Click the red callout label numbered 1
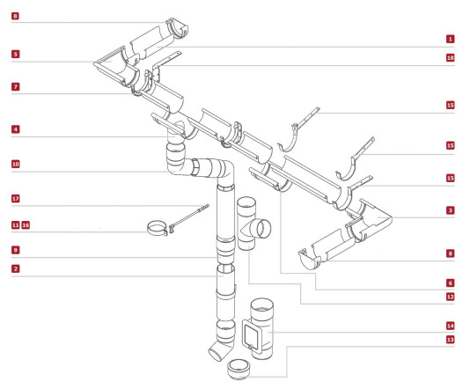pyautogui.click(x=450, y=39)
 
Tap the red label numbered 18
pyautogui.click(x=450, y=57)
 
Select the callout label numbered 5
pyautogui.click(x=16, y=55)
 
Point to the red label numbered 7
pyautogui.click(x=16, y=87)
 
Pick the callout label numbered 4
pyautogui.click(x=16, y=129)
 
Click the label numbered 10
pyautogui.click(x=16, y=165)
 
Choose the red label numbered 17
pyautogui.click(x=16, y=199)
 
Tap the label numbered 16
pyautogui.click(x=26, y=225)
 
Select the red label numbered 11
pyautogui.click(x=16, y=225)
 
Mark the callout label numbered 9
pyautogui.click(x=16, y=250)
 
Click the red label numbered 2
pyautogui.click(x=16, y=268)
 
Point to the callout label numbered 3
pyautogui.click(x=450, y=210)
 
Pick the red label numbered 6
pyautogui.click(x=450, y=283)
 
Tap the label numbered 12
pyautogui.click(x=450, y=297)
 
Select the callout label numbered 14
pyautogui.click(x=450, y=326)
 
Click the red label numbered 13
pyautogui.click(x=450, y=340)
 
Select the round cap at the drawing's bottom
pyautogui.click(x=239, y=370)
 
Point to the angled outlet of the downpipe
pyautogui.click(x=219, y=350)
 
